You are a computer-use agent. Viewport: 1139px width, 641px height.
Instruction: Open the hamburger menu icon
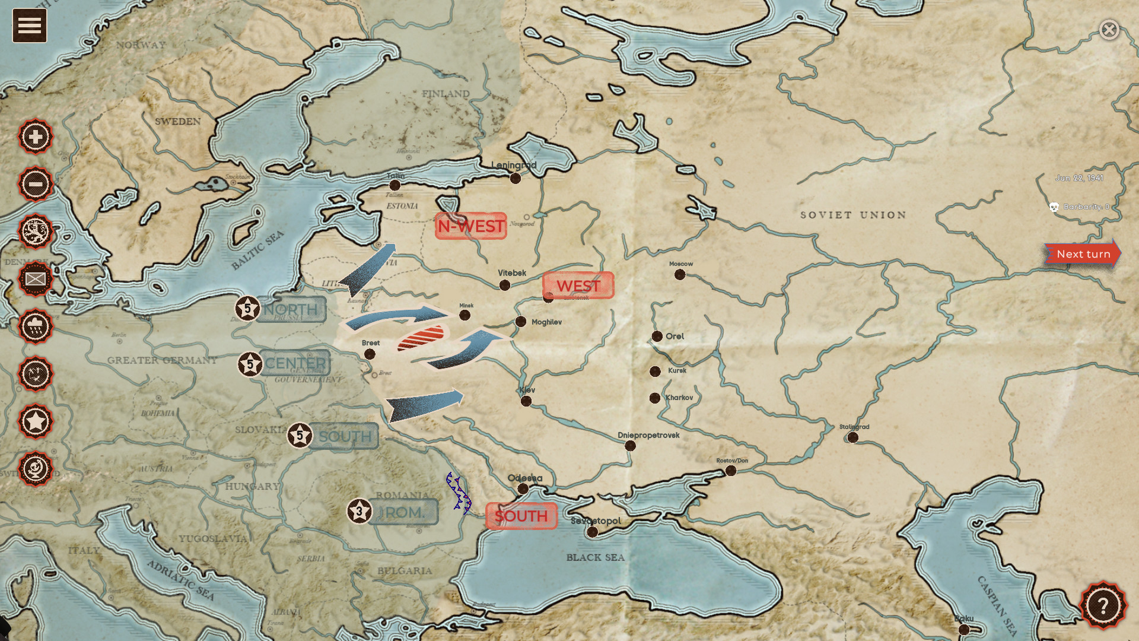(30, 26)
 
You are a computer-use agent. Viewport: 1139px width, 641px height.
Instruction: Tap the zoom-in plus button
(36, 137)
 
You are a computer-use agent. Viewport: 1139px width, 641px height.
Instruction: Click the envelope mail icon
(36, 279)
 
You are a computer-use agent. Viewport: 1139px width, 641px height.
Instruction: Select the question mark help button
(1103, 605)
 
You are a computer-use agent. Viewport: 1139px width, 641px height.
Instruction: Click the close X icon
(1109, 30)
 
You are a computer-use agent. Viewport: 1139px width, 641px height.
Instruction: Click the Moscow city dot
(680, 275)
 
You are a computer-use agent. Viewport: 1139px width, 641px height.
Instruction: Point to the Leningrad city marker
(516, 178)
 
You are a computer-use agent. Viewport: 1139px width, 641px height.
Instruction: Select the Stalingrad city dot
(852, 437)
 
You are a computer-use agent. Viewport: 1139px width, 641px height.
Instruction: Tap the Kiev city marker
(526, 401)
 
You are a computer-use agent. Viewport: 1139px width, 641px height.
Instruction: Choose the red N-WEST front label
(471, 226)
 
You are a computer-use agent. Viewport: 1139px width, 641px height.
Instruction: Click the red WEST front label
(578, 285)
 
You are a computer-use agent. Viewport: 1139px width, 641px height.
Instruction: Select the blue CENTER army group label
(295, 363)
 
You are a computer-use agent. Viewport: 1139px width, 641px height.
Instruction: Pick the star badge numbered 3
(359, 511)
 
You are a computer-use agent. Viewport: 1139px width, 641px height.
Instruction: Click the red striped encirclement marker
(421, 338)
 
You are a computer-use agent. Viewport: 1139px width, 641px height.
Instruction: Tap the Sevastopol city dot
(592, 532)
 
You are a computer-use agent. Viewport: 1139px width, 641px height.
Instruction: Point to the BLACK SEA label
(595, 557)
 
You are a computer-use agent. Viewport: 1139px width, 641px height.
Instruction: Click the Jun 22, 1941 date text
(1078, 178)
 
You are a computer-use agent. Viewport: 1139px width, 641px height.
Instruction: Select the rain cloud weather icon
(36, 326)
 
